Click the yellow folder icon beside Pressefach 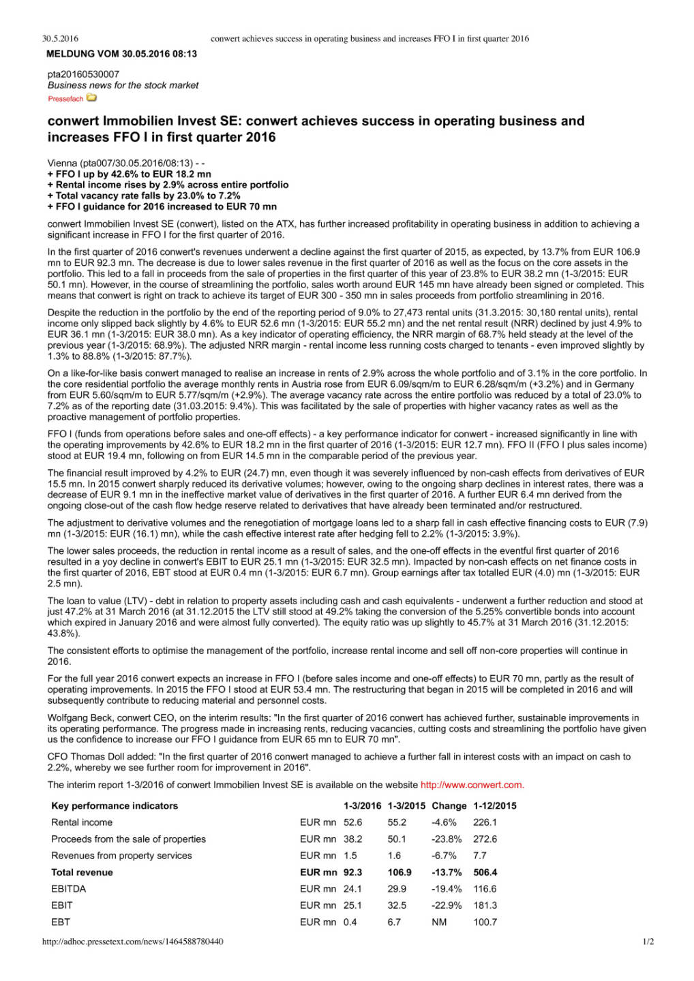pos(91,98)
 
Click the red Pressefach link pos(65,99)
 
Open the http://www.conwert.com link pos(472,785)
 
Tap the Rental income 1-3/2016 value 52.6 pos(352,822)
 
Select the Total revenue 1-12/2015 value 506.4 pos(485,872)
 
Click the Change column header pos(449,806)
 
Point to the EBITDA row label pos(68,888)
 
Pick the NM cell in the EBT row pos(439,922)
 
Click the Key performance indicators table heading pos(114,806)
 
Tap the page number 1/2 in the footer pos(648,941)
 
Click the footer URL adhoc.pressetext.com pos(132,941)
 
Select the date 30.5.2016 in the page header pos(60,39)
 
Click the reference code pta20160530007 pos(83,74)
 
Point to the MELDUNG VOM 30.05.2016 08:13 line pos(121,54)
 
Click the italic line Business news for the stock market pos(123,85)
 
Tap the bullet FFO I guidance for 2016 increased pos(162,206)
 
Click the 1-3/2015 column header pos(406,806)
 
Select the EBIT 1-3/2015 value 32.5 pos(397,905)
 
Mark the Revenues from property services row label pos(121,856)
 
